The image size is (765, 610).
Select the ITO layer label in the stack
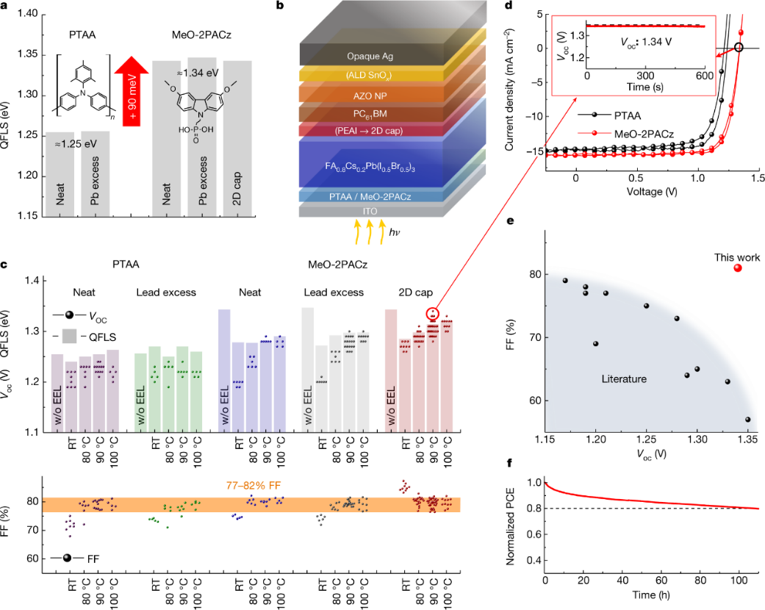[370, 210]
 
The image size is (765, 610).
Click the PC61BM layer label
[370, 114]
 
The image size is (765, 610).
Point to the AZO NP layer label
[370, 94]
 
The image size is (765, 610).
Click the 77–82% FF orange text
[259, 485]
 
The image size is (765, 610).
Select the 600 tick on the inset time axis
[704, 76]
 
